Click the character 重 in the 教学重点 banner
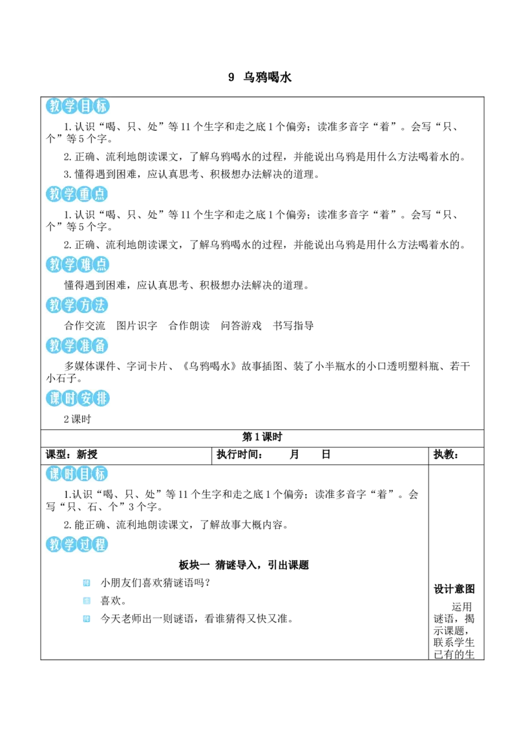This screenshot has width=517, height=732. (x=85, y=194)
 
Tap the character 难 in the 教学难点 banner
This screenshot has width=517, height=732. (x=85, y=264)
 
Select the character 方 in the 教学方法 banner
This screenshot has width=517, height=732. (x=85, y=305)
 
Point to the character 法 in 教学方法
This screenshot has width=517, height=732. (x=101, y=305)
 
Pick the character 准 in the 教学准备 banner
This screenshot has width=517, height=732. (x=85, y=347)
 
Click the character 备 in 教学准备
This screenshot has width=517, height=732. (x=101, y=347)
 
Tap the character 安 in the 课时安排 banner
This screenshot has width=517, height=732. (x=85, y=398)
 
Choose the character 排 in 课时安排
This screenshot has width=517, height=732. (x=101, y=398)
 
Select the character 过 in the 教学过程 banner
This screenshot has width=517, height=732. (x=85, y=544)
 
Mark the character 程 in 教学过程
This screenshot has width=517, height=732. (x=101, y=544)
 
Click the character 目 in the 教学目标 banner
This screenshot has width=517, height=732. (x=85, y=107)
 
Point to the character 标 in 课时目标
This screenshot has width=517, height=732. (x=101, y=474)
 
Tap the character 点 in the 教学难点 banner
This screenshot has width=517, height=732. (x=101, y=264)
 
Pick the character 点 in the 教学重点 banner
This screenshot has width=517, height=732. (x=101, y=194)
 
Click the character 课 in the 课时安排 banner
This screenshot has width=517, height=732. (x=54, y=398)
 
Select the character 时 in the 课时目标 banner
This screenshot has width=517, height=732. (x=70, y=474)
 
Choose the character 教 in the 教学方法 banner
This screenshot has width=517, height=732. (x=54, y=305)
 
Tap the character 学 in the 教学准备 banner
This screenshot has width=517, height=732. (x=70, y=347)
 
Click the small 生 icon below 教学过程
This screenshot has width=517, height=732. (x=88, y=600)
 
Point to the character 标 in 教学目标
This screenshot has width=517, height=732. (x=101, y=107)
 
